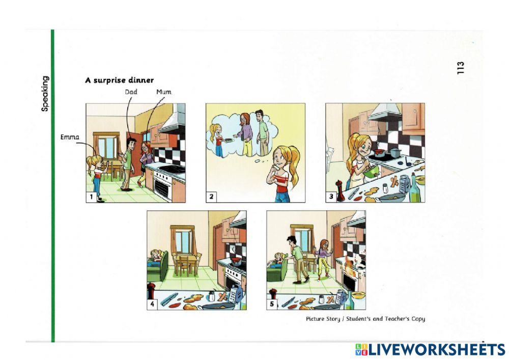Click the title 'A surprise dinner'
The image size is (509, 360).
pyautogui.click(x=119, y=80)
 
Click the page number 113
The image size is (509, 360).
pyautogui.click(x=461, y=68)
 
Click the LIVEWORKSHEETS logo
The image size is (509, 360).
pyautogui.click(x=430, y=349)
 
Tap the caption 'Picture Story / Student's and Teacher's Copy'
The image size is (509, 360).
pyautogui.click(x=365, y=319)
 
